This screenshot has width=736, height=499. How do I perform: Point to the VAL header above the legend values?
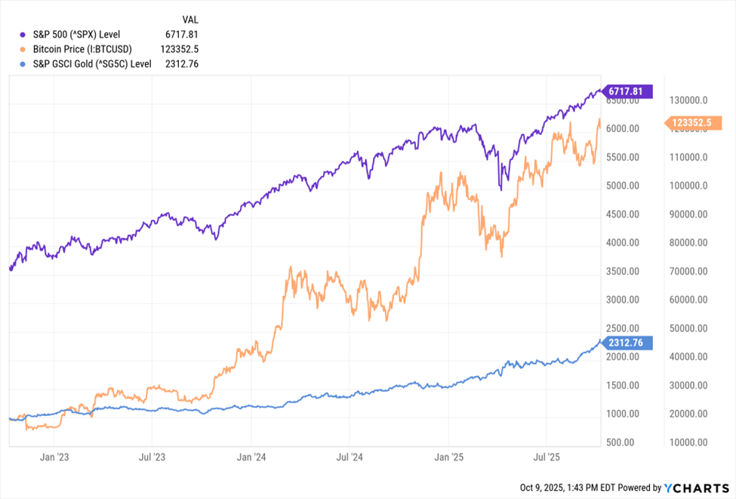[190, 19]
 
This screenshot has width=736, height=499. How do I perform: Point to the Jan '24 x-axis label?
[251, 457]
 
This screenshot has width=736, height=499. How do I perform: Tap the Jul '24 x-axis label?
[350, 457]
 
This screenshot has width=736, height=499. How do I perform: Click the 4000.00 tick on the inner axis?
[624, 243]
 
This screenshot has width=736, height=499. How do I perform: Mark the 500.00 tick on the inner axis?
[626, 442]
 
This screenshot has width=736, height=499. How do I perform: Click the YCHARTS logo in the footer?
[695, 488]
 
